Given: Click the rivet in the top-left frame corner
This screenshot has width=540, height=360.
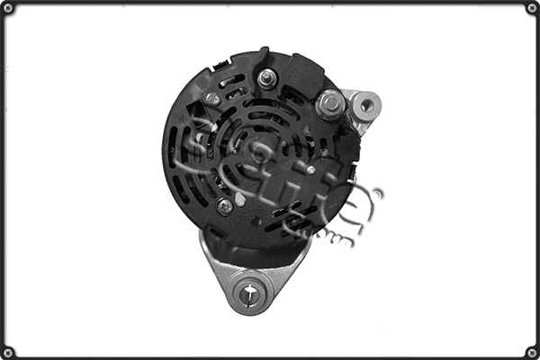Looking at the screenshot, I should [8, 8].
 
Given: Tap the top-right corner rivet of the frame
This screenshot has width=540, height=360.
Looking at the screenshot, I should [532, 8].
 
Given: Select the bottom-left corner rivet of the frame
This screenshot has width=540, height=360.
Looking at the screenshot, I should [8, 352].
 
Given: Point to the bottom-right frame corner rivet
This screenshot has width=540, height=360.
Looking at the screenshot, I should [532, 352].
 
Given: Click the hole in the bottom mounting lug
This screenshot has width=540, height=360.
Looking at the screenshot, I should [249, 290].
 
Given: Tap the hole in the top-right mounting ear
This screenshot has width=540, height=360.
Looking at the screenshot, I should [365, 105].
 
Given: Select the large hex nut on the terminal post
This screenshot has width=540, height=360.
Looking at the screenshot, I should [329, 104].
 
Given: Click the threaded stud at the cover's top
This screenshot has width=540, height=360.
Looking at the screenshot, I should [265, 78].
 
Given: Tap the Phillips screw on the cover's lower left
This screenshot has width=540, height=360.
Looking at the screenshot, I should [225, 206].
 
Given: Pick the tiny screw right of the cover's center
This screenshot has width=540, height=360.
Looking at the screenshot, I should [310, 168].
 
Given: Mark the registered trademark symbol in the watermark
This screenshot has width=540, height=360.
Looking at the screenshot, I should [376, 193].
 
